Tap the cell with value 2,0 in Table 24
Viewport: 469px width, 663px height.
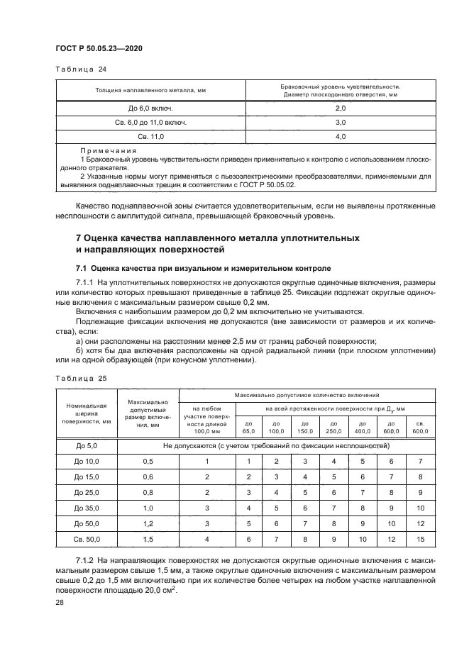[x=340, y=108]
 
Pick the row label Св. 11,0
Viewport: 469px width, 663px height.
[x=150, y=135]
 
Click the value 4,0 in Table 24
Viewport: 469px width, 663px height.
[x=340, y=135]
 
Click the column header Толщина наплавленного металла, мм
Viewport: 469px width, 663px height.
[x=150, y=90]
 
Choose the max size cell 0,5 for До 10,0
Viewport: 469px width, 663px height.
[x=148, y=461]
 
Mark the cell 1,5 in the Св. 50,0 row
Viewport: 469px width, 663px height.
[x=148, y=540]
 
